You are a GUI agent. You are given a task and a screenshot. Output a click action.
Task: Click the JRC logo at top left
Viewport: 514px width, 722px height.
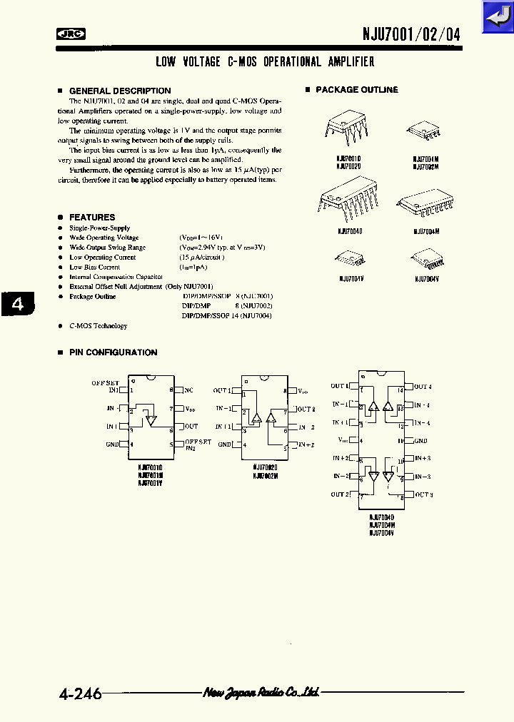pos(71,33)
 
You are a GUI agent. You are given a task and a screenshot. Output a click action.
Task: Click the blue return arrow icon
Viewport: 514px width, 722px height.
pos(497,16)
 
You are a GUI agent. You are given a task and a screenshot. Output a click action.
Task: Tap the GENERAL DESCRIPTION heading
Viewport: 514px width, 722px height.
pos(119,91)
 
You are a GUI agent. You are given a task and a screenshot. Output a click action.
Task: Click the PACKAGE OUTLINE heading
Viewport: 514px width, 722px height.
pos(356,90)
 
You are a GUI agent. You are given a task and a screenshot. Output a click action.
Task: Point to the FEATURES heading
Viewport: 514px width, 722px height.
pos(91,217)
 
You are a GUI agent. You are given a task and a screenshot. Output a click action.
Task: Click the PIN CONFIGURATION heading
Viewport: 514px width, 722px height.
pos(112,352)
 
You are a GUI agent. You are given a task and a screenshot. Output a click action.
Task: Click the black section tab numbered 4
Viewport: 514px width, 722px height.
pos(18,304)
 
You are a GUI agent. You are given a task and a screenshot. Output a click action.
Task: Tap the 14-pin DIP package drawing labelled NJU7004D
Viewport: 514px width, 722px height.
pos(349,200)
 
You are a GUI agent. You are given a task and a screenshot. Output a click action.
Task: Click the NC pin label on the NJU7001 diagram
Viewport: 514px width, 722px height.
pos(188,390)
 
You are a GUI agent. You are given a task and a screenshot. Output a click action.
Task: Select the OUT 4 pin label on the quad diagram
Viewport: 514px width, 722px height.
pos(423,387)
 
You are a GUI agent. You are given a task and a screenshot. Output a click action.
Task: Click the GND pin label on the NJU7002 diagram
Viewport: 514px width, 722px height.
pos(226,444)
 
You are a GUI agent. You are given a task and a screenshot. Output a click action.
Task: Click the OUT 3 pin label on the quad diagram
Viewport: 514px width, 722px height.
pos(424,494)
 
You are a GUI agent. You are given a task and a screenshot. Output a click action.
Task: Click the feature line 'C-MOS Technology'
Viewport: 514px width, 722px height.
pos(98,326)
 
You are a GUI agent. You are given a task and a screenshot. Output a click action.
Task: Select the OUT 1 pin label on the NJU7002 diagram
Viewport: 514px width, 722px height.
pos(221,391)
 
